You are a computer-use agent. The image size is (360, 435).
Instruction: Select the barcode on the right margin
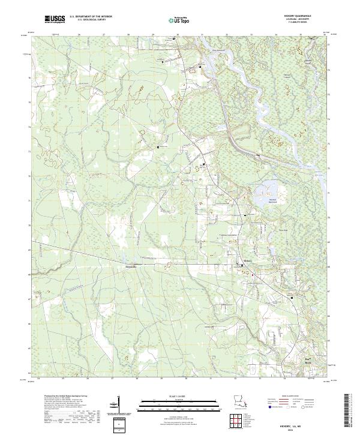pos(350,410)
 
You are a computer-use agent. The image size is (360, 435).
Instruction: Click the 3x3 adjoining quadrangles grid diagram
pos(237,420)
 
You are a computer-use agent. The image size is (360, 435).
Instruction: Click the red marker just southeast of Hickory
pos(253,275)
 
